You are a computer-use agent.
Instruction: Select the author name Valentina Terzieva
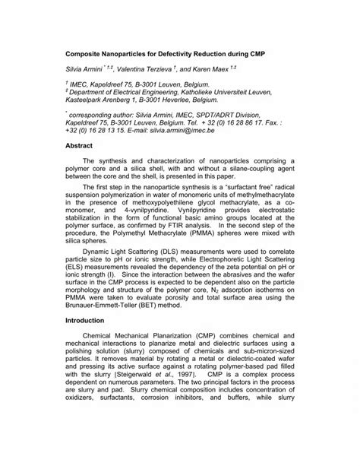click(x=144, y=68)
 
